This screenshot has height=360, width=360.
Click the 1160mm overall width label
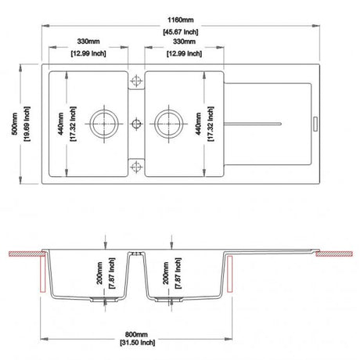pos(181,20)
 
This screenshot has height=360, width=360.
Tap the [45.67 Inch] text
pos(181,32)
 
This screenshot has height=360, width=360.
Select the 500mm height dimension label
pos(15,124)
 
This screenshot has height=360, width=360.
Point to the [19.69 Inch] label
pos(27,124)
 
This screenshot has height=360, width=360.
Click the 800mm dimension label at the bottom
pos(136,334)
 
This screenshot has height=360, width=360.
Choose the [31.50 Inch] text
pos(138,342)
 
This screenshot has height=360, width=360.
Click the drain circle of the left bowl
pos(104,124)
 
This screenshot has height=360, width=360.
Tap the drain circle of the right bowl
pos(168,124)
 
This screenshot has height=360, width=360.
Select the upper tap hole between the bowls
pos(136,81)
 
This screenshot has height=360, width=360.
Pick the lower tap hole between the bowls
pos(136,166)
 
